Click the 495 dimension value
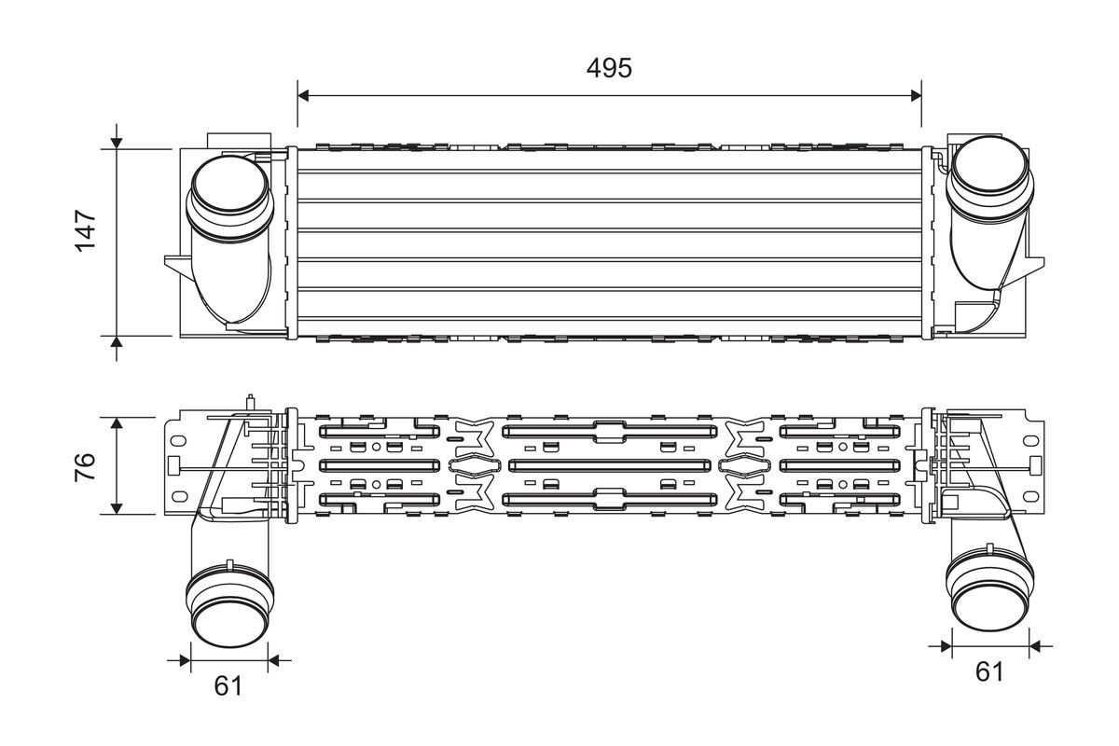click(609, 68)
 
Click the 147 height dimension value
click(86, 231)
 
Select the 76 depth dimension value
click(86, 466)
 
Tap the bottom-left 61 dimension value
click(228, 686)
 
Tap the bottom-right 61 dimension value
click(988, 671)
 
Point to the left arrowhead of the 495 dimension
click(303, 95)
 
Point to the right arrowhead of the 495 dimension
click(916, 95)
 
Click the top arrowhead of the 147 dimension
click(117, 144)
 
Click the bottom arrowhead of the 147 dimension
click(117, 342)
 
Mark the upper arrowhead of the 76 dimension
click(117, 423)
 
